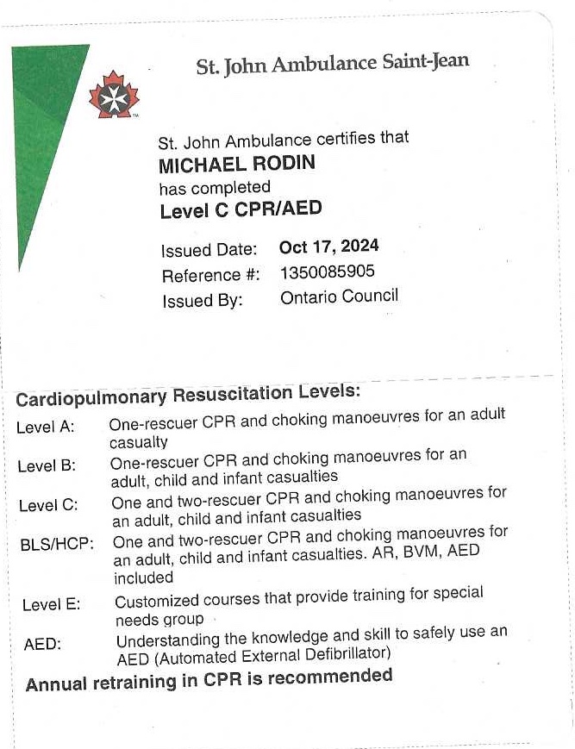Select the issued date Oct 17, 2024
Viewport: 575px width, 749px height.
tap(328, 247)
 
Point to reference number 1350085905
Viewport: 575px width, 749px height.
tap(328, 272)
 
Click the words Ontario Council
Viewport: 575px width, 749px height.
tap(339, 296)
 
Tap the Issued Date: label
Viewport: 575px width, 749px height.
tap(209, 251)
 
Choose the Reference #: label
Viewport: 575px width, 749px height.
tap(210, 276)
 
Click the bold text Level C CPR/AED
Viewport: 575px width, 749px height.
tap(241, 209)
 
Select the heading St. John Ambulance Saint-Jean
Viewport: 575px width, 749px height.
tap(332, 64)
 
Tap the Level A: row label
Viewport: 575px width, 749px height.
tap(45, 427)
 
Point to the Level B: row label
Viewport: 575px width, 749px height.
tap(47, 466)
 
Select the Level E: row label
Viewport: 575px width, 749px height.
tap(51, 604)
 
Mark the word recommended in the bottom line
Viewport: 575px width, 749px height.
tap(330, 677)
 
